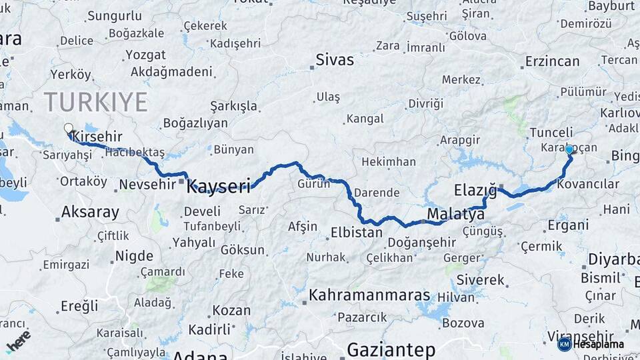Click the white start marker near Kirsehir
click(68, 128)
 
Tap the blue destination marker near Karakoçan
click(569, 150)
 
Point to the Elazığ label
click(475, 190)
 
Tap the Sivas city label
click(335, 60)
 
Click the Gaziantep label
click(391, 349)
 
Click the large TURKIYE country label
click(95, 102)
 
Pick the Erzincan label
click(552, 61)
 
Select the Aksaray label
click(90, 213)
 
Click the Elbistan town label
click(357, 233)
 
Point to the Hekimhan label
click(388, 162)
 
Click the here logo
click(18, 340)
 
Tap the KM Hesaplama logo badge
click(591, 344)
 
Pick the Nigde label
click(134, 256)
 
